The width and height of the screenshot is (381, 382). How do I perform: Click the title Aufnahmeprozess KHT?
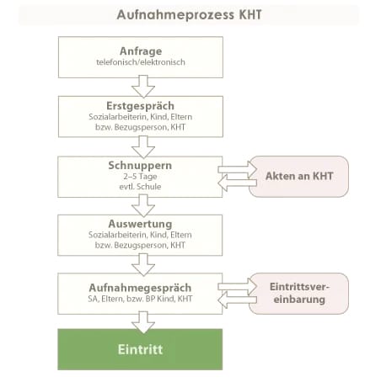[x=189, y=14]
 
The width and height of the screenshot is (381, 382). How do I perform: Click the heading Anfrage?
[x=141, y=51]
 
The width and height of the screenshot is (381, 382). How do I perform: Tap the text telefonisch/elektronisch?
[x=141, y=62]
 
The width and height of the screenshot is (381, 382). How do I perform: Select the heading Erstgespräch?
[x=141, y=106]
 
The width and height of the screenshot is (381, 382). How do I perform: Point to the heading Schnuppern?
[x=140, y=166]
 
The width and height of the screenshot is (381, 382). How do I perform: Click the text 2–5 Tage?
[x=140, y=177]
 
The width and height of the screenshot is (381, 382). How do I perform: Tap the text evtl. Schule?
[x=140, y=187]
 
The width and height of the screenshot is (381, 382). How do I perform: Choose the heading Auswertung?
[x=140, y=224]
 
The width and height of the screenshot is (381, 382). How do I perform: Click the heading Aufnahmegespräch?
[x=140, y=288]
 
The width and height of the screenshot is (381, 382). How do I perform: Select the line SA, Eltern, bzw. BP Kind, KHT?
[x=140, y=299]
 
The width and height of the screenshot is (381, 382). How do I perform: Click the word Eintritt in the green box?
[x=140, y=349]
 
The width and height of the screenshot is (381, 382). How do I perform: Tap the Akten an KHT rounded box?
[x=298, y=177]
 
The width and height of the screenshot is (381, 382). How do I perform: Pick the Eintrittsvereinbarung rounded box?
[x=298, y=294]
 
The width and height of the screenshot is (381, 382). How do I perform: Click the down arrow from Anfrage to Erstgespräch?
[x=143, y=87]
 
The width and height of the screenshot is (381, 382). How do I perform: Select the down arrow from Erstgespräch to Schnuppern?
[x=143, y=147]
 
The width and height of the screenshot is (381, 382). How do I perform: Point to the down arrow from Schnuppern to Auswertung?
[x=143, y=205]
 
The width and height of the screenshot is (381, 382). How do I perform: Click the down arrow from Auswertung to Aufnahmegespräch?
[x=143, y=264]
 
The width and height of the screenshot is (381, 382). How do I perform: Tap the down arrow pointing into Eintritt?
[x=143, y=322]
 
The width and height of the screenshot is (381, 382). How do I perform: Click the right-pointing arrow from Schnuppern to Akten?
[x=238, y=169]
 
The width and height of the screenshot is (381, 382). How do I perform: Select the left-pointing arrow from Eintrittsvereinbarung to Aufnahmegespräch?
[x=238, y=300]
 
